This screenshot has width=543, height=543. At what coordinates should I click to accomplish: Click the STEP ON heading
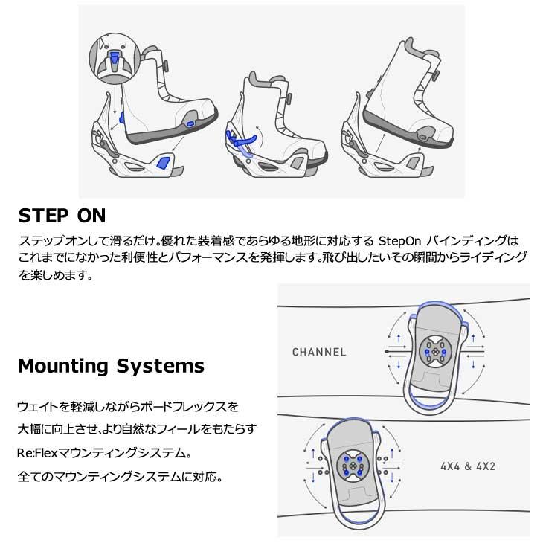tap(62, 216)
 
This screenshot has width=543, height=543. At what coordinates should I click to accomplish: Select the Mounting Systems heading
tap(111, 366)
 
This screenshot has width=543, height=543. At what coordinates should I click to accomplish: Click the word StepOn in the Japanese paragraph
tap(402, 242)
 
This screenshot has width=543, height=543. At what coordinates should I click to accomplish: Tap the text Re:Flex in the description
tap(35, 452)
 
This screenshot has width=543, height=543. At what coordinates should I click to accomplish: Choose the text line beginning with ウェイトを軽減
tap(128, 407)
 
